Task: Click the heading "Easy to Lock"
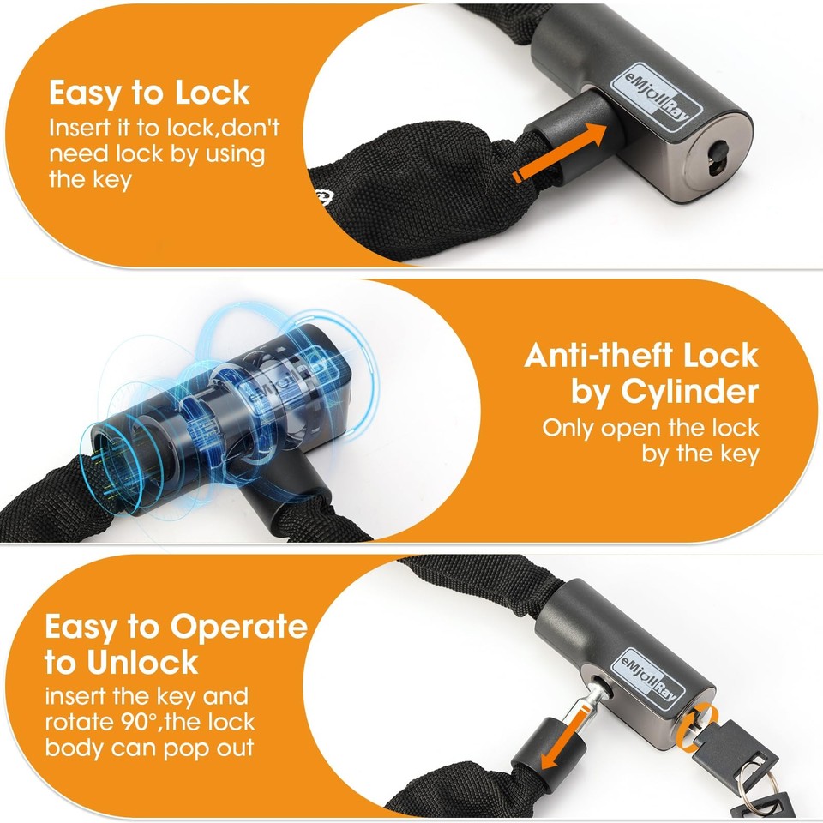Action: pos(149,92)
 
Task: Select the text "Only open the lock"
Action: pos(651,427)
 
